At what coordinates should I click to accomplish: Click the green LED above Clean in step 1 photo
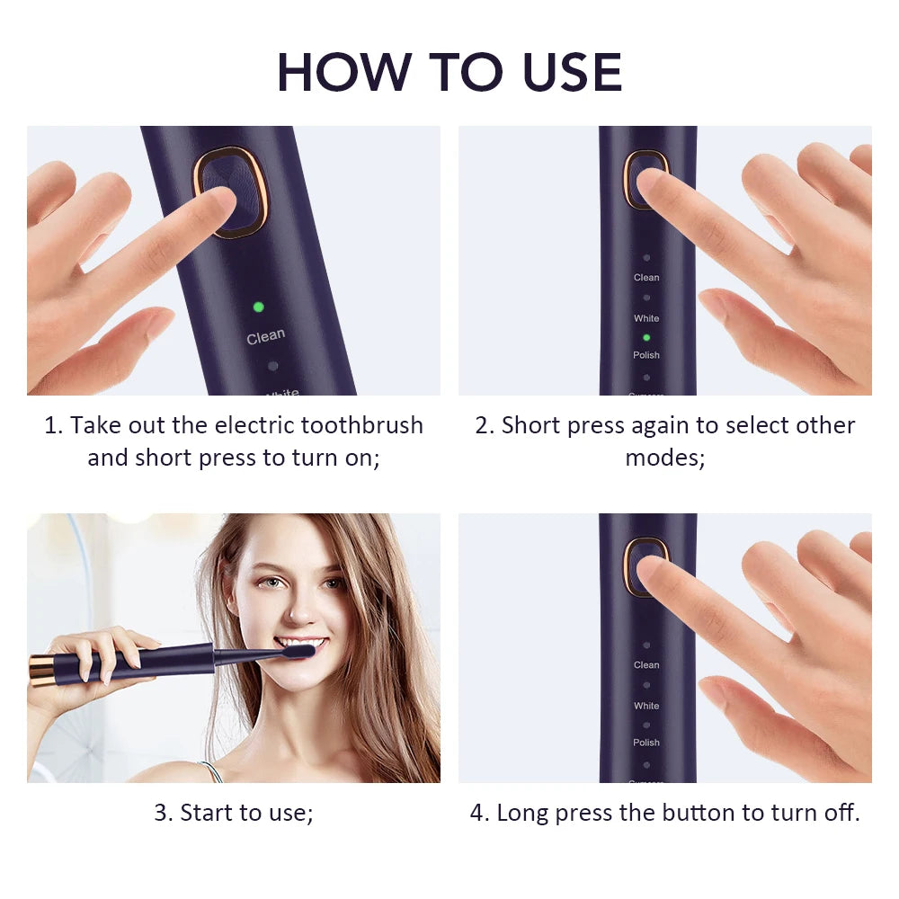pyautogui.click(x=258, y=307)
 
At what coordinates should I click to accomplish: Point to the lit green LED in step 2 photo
pyautogui.click(x=646, y=337)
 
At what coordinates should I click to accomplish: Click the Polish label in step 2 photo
pyautogui.click(x=646, y=355)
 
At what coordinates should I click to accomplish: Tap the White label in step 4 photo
pyautogui.click(x=646, y=706)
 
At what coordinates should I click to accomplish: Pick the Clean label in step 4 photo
pyautogui.click(x=646, y=665)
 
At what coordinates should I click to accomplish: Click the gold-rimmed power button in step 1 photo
pyautogui.click(x=231, y=191)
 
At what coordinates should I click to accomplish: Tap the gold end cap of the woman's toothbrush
pyautogui.click(x=41, y=671)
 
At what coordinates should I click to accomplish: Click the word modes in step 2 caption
pyautogui.click(x=664, y=458)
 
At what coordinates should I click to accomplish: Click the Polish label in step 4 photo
pyautogui.click(x=646, y=743)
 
